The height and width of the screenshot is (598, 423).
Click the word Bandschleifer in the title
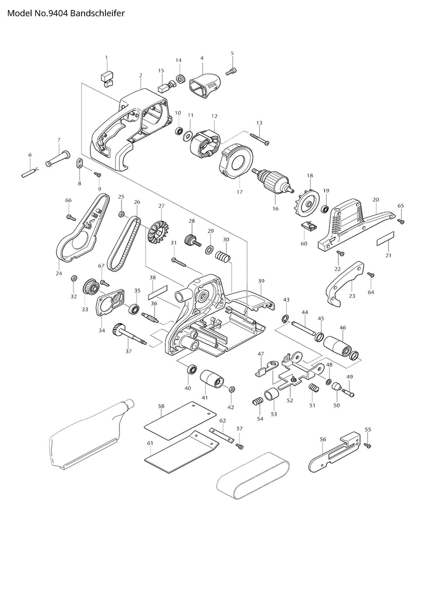pos(97,13)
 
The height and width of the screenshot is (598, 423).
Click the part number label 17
pos(240,192)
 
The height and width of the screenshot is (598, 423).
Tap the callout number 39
pos(261,281)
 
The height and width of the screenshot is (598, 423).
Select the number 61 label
pos(150,443)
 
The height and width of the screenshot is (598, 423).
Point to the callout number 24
pos(59,273)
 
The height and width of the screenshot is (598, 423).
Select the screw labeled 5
pos(232,70)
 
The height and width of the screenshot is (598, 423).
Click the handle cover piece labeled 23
pos(344,284)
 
